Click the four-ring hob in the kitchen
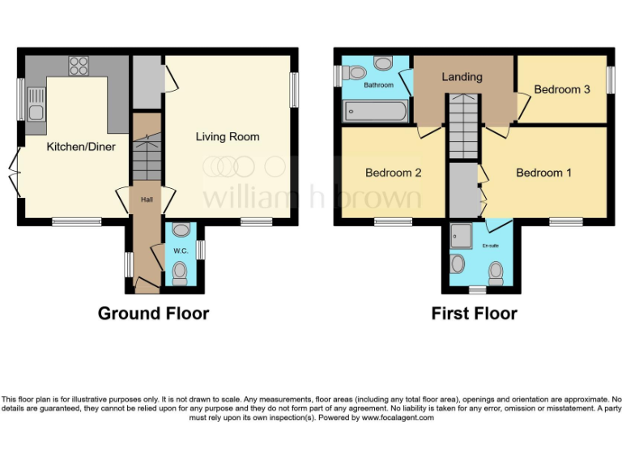[79, 66]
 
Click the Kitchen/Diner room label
[80, 147]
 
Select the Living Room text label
[228, 136]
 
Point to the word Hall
[147, 200]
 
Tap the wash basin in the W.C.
[181, 230]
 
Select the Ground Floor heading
[153, 313]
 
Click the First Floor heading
[474, 313]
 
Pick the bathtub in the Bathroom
[374, 111]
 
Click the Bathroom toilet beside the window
[354, 74]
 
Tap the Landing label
[462, 77]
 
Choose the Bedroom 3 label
[562, 89]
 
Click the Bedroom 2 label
[393, 173]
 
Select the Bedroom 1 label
[543, 173]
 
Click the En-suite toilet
[458, 264]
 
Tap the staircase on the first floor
[463, 126]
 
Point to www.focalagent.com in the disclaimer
[398, 418]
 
